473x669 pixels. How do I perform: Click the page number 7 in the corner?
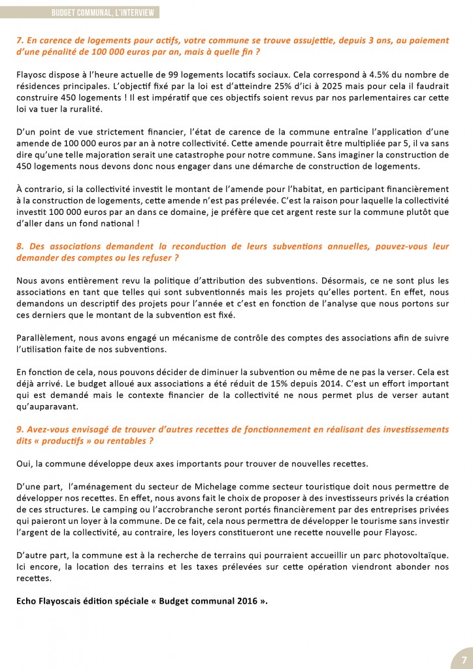(x=462, y=657)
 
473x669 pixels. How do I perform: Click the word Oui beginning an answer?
(x=24, y=464)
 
